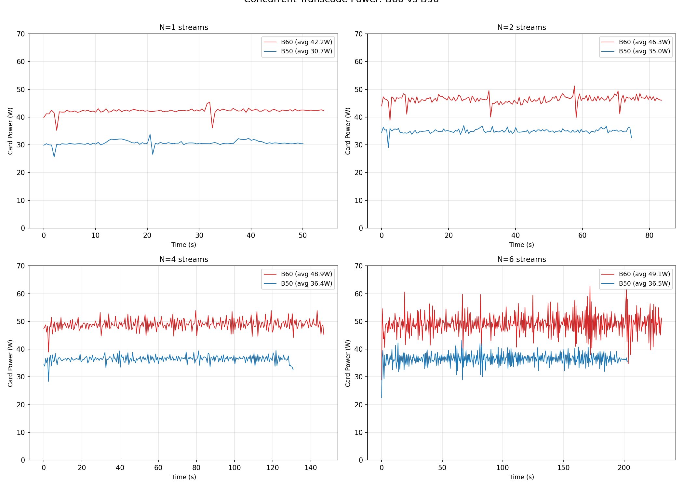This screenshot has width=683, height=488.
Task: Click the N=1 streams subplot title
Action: [x=183, y=27]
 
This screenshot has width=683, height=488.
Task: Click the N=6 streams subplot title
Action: [x=521, y=259]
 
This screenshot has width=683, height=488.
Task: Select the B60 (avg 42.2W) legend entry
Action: [x=306, y=42]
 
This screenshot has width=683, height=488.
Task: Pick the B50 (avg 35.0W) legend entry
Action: [x=644, y=51]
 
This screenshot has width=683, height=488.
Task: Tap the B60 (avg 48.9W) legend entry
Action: [x=306, y=274]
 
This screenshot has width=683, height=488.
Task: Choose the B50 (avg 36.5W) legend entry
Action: [x=644, y=283]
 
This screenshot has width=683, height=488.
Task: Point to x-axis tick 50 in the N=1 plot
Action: [x=302, y=236]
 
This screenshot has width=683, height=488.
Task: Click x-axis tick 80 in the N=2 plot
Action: [x=649, y=236]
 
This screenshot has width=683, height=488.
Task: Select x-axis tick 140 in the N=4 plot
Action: [x=311, y=468]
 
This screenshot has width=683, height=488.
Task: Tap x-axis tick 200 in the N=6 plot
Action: [x=624, y=468]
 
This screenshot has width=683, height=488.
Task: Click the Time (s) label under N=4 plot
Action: [x=183, y=477]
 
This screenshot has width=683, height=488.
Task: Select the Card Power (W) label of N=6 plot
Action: [x=348, y=363]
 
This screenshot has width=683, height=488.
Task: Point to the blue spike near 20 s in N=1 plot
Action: [x=150, y=134]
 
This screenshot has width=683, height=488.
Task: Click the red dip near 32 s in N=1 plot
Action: [x=212, y=128]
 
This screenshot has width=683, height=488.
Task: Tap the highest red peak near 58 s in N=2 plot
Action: [x=574, y=86]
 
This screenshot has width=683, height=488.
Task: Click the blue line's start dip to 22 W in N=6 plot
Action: [x=382, y=398]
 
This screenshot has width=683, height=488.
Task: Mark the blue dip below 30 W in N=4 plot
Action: [x=48, y=381]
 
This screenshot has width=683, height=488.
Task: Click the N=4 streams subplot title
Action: [x=183, y=259]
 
